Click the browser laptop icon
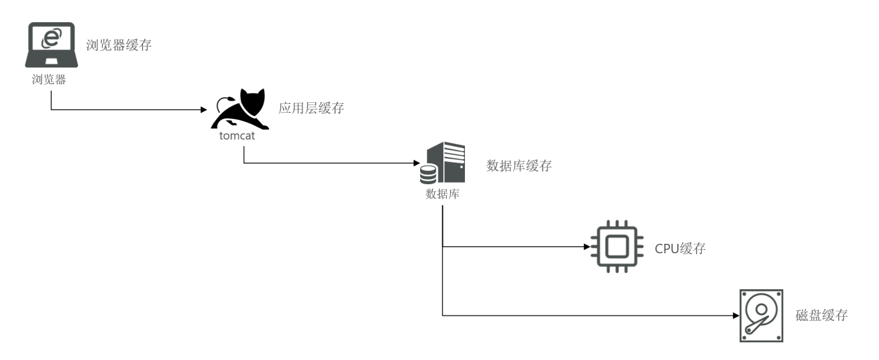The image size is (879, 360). (x=51, y=44)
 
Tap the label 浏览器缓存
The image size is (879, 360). (x=119, y=45)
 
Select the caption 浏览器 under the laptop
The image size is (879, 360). (x=49, y=80)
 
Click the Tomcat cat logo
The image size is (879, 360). (x=241, y=109)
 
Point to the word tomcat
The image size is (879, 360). (x=237, y=136)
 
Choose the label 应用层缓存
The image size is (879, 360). (x=311, y=108)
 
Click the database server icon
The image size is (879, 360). (x=443, y=163)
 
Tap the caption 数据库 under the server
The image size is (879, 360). (x=442, y=194)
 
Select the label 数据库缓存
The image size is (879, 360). (x=519, y=166)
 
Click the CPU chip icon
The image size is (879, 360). (x=617, y=247)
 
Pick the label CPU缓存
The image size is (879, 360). (x=680, y=249)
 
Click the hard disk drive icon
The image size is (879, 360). (x=761, y=315)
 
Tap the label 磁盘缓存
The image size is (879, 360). (x=821, y=316)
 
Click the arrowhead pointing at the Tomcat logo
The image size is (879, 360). (x=203, y=109)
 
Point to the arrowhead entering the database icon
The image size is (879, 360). (x=417, y=163)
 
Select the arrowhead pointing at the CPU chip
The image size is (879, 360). (x=587, y=247)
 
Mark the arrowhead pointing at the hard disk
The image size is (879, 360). (x=736, y=316)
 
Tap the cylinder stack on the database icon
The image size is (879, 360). (x=428, y=174)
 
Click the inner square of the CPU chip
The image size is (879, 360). (x=617, y=247)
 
